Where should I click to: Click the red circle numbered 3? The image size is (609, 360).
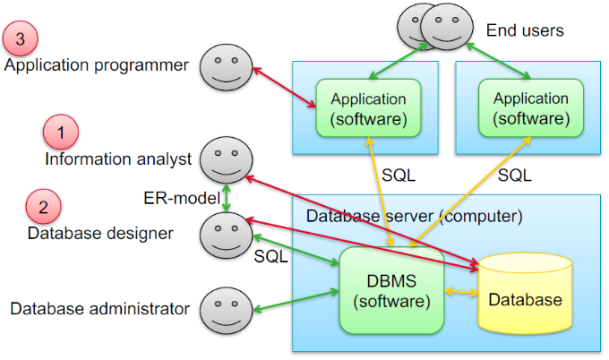21,38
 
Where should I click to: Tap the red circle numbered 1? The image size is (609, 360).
61,133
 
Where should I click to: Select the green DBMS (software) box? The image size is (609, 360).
392,291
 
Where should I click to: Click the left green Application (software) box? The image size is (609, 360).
368,107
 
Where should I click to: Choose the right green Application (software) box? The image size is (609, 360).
530,107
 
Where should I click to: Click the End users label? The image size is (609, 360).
525,30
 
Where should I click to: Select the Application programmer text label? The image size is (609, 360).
97,65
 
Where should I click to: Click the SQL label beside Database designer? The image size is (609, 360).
271,257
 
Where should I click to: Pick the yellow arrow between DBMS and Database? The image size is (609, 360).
462,292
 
